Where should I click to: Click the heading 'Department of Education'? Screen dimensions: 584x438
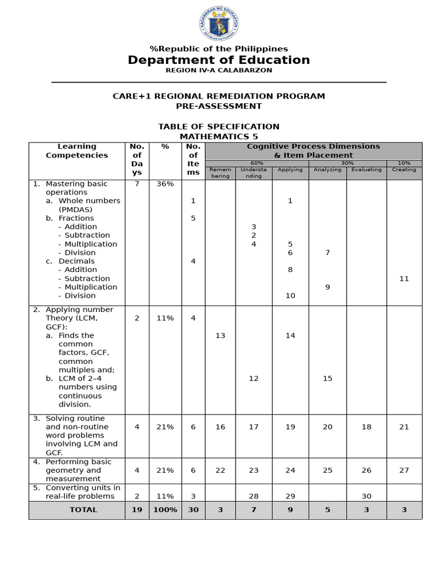[x=219, y=60]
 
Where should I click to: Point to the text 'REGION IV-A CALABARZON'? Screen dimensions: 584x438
[x=219, y=70]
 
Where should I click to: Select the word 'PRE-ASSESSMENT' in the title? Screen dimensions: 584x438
[x=219, y=106]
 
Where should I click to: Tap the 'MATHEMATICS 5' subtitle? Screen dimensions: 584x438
[x=219, y=136]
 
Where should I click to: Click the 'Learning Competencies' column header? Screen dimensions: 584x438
[x=77, y=151]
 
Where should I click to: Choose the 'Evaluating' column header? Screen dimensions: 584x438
[x=366, y=170]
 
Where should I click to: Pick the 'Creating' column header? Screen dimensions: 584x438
[x=404, y=170]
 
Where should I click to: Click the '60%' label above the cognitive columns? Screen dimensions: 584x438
[x=257, y=163]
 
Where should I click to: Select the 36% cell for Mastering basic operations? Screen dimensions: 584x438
[x=165, y=184]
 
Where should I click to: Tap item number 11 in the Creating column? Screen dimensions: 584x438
[x=404, y=278]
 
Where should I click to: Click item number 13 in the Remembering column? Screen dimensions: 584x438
[x=220, y=335]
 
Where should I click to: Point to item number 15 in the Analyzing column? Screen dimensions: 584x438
[x=327, y=378]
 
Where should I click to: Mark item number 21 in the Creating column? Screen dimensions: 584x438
[x=404, y=427]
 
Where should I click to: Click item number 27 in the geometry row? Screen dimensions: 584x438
[x=404, y=471]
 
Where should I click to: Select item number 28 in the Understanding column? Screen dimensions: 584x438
[x=254, y=496]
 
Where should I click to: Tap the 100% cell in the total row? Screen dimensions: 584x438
[x=165, y=510]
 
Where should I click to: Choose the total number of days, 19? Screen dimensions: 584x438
[x=137, y=510]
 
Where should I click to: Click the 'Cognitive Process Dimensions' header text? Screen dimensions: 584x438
[x=313, y=147]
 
